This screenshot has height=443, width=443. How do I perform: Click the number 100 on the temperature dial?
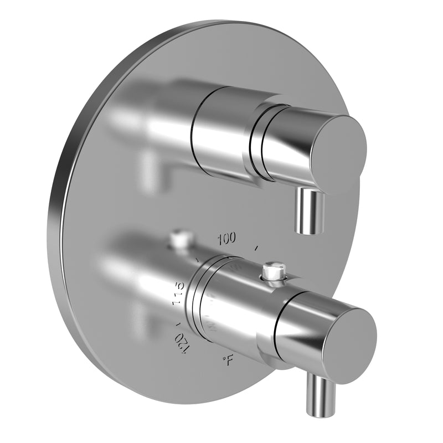226,239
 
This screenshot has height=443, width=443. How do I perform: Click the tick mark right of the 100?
256,249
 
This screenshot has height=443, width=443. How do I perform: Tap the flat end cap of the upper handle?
338,147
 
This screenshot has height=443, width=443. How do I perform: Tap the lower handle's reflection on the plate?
138,266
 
